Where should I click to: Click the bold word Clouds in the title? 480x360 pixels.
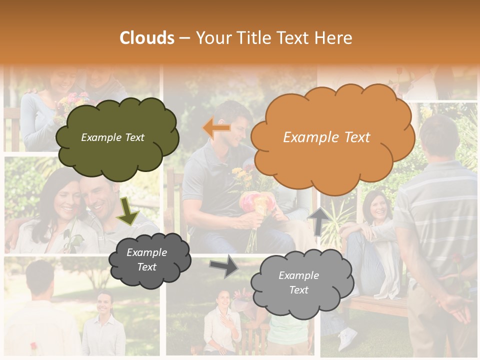click(x=147, y=38)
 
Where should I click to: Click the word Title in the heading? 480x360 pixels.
click(x=252, y=38)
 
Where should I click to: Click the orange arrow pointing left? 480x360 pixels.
click(x=216, y=128)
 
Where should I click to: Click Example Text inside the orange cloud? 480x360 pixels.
click(x=326, y=137)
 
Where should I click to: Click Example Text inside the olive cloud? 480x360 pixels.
click(x=112, y=137)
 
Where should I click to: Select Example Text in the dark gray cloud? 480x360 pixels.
click(x=146, y=259)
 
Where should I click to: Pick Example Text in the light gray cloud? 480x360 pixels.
click(x=298, y=282)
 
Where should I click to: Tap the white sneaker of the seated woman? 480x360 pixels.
click(x=346, y=339)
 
